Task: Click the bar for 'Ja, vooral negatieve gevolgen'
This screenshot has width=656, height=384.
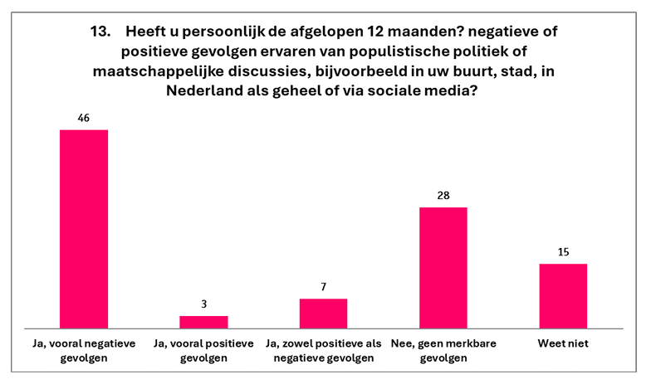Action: click(84, 229)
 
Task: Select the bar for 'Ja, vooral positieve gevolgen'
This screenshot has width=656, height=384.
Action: click(203, 322)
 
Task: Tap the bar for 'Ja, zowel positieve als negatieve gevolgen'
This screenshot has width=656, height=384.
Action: click(323, 313)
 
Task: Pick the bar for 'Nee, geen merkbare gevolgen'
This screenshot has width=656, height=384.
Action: click(443, 267)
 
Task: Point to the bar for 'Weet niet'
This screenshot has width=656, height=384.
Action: click(563, 295)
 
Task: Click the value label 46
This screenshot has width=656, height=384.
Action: click(84, 117)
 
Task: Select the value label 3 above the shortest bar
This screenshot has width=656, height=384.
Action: click(203, 304)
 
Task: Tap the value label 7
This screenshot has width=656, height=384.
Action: click(323, 286)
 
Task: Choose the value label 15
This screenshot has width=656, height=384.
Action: click(563, 251)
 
